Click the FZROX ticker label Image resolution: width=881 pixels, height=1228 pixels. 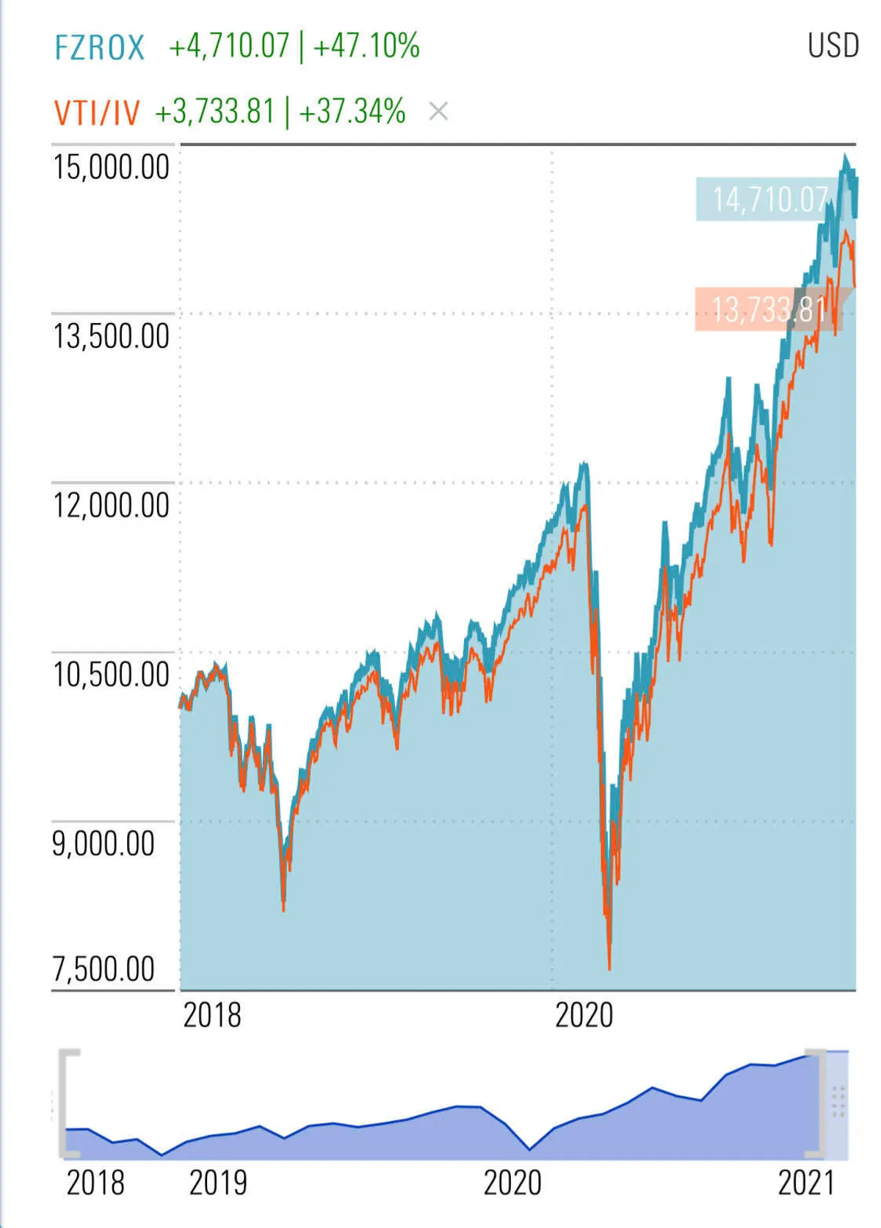100,48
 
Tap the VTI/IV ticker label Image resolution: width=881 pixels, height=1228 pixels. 97,113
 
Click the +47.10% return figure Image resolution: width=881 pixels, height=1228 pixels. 366,46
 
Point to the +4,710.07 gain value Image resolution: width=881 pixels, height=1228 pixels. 229,46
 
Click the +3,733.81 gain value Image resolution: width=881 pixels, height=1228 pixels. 214,112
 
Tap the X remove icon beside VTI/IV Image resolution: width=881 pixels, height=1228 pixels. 438,112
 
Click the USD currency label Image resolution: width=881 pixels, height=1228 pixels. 833,46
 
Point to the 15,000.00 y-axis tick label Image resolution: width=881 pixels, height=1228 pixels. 111,167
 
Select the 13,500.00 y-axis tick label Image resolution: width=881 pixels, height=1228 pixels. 111,337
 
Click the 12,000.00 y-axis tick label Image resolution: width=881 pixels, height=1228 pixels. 111,506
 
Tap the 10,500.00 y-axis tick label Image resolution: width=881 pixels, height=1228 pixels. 111,675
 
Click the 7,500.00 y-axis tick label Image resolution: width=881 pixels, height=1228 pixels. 104,970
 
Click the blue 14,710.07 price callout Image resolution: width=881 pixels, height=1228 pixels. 769,200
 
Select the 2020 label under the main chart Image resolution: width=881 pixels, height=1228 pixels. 584,1016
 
